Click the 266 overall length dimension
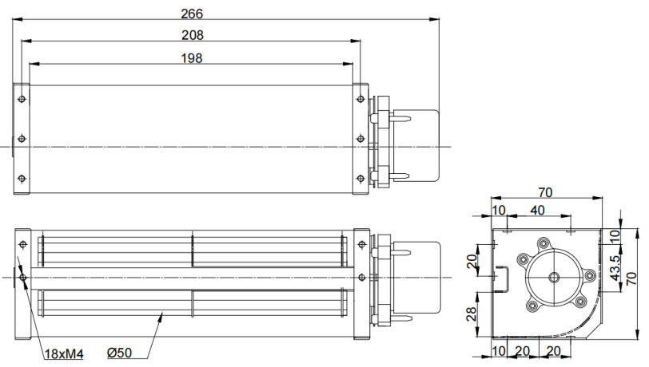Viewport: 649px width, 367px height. click(192, 14)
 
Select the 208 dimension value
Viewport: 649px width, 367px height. click(193, 36)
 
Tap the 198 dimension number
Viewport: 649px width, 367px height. click(192, 58)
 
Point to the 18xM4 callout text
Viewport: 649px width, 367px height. click(64, 354)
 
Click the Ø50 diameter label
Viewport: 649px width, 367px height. click(119, 353)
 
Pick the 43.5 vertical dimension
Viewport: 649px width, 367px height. click(615, 268)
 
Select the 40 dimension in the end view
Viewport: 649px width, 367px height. click(537, 211)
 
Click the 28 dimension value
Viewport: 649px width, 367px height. click(472, 314)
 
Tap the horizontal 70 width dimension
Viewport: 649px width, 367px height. click(545, 192)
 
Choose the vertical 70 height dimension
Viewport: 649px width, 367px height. click(631, 278)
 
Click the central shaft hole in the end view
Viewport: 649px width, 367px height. click(554, 278)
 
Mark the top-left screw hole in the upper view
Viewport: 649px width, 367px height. click(22, 99)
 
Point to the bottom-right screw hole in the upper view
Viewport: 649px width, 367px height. click(360, 179)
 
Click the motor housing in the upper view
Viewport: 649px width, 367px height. click(416, 145)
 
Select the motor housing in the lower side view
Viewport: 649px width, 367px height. click(416, 278)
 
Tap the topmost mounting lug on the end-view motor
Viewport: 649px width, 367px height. click(543, 243)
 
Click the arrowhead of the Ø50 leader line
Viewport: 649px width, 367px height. click(161, 317)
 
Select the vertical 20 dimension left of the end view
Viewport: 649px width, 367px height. click(472, 261)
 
